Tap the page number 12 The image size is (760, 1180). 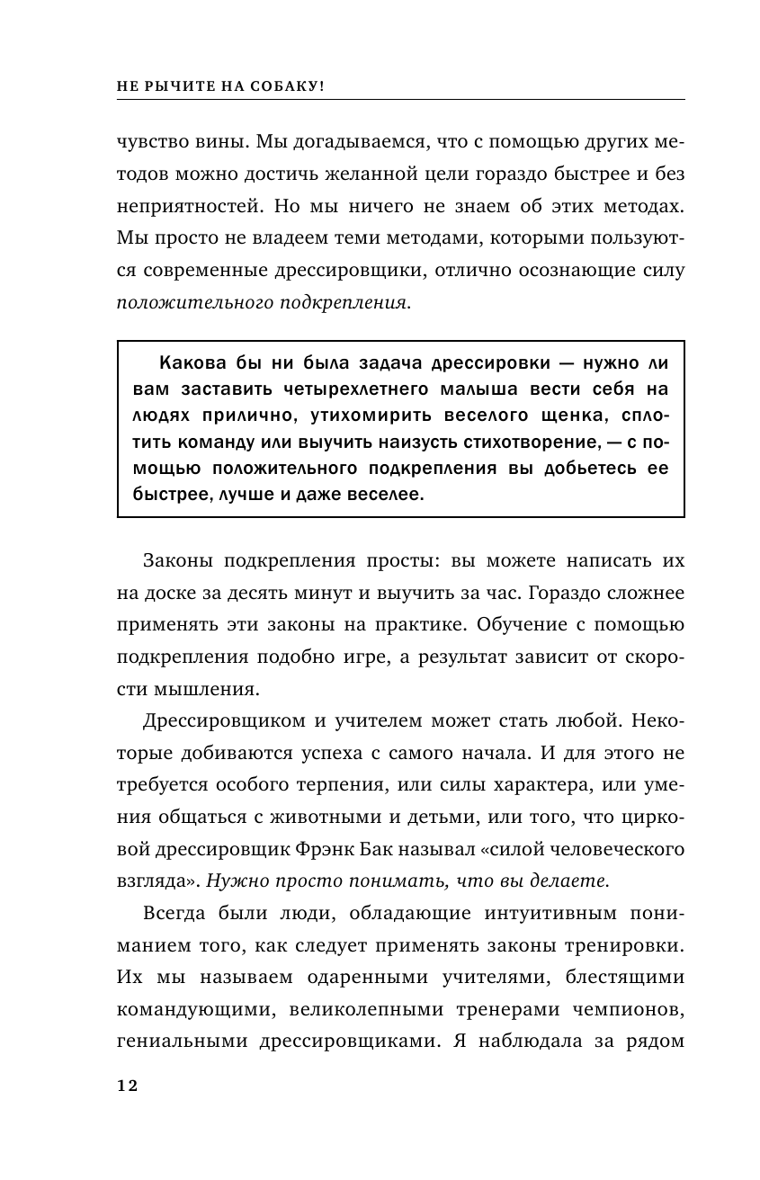[x=127, y=1086]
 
